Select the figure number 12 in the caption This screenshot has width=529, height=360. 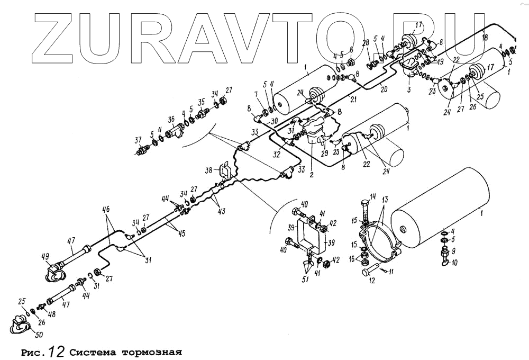56,351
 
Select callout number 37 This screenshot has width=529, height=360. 139,140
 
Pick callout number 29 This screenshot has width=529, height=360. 324,153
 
